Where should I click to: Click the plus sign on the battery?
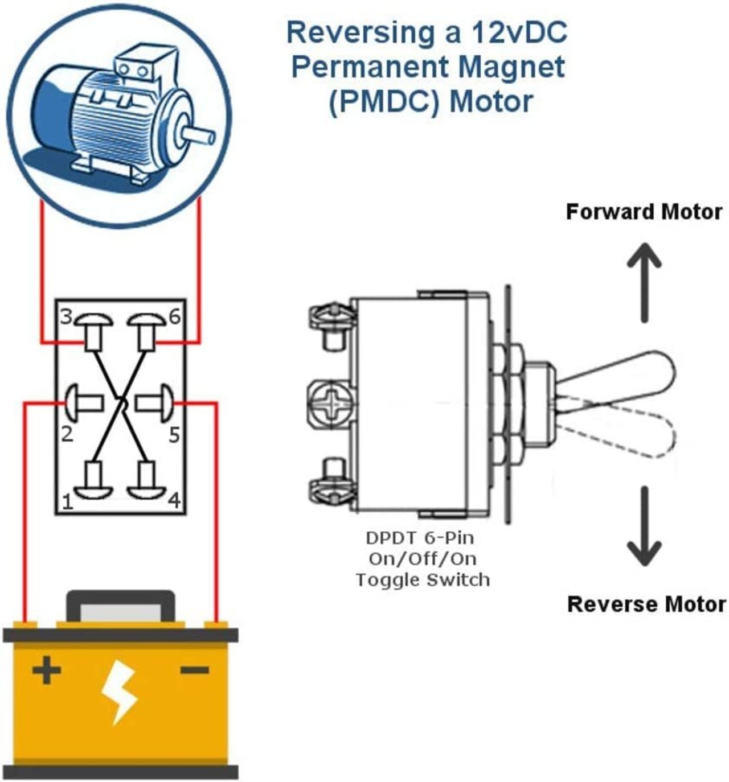tap(47, 670)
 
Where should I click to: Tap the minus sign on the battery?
tap(194, 670)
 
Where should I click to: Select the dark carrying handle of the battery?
tap(121, 606)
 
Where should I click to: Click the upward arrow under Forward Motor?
tap(644, 282)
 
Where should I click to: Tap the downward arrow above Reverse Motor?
tap(644, 526)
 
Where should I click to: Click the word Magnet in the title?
tap(511, 67)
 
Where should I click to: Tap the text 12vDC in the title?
tap(519, 32)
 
